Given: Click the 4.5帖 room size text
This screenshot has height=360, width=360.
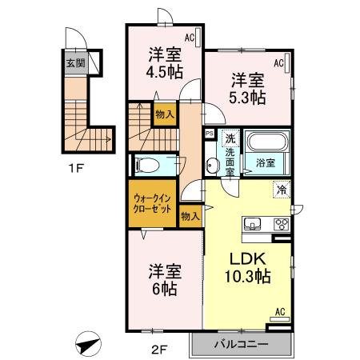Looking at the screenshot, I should tap(166, 72).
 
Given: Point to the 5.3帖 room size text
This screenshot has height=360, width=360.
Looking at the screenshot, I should tap(248, 98).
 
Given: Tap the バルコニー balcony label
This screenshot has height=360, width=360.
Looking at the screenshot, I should tap(241, 345).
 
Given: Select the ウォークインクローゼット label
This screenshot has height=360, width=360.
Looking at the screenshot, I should tap(150, 205).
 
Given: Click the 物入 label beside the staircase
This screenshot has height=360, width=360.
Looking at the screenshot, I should tap(164, 114).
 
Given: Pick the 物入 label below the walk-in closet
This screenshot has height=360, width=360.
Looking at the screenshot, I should tap(190, 216).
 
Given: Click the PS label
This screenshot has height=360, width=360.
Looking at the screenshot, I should tap(209, 134).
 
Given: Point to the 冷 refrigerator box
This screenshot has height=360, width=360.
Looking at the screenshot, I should tap(282, 190).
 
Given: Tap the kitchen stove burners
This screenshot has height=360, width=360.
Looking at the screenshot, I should tap(281, 224).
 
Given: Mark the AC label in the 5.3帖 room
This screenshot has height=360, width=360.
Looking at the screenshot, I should tap(281, 62).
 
